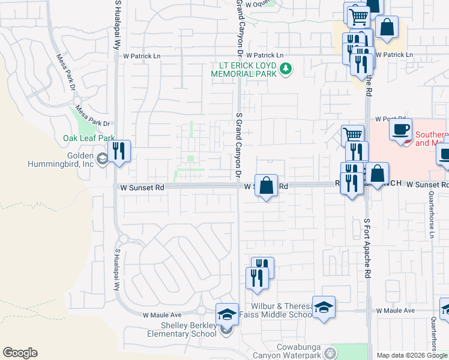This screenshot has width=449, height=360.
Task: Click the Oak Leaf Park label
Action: tap(89, 138)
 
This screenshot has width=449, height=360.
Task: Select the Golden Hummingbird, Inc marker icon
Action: tap(103, 158)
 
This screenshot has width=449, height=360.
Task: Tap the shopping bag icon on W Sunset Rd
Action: tap(266, 184)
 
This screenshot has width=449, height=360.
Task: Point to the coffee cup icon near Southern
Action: tap(400, 129)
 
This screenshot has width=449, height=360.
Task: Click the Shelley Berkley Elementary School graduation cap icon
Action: tap(228, 314)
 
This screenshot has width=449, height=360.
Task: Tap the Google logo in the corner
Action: tap(20, 353)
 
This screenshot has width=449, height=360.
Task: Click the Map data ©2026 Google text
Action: tap(412, 355)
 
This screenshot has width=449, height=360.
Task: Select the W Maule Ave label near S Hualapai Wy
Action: tap(162, 314)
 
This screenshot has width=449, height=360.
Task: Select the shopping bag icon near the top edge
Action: tap(387, 26)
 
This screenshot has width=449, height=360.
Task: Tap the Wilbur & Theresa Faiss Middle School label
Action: tap(276, 310)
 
